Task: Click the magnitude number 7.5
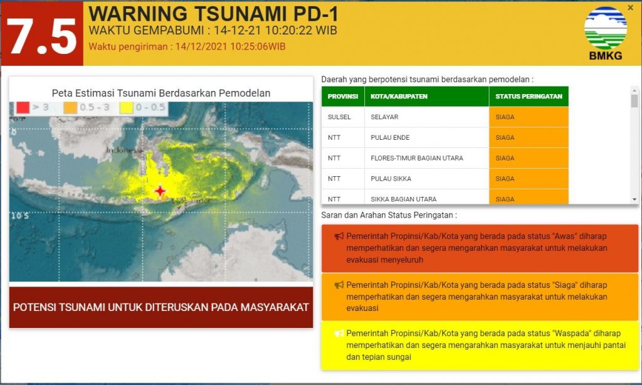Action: (41, 34)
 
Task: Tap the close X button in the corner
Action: (630, 8)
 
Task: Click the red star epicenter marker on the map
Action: (160, 191)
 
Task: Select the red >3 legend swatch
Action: (22, 108)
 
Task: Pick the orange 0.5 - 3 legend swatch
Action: (70, 108)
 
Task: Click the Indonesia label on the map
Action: (122, 150)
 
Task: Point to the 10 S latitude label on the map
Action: (19, 216)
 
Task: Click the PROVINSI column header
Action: (343, 97)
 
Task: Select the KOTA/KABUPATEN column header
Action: (399, 97)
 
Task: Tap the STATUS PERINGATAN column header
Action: (528, 97)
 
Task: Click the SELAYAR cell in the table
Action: (384, 117)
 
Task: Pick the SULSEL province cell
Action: (339, 117)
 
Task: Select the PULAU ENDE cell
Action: (390, 138)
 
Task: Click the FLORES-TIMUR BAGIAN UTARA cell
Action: (416, 158)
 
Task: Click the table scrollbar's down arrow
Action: (634, 199)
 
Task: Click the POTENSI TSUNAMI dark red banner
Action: (160, 307)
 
